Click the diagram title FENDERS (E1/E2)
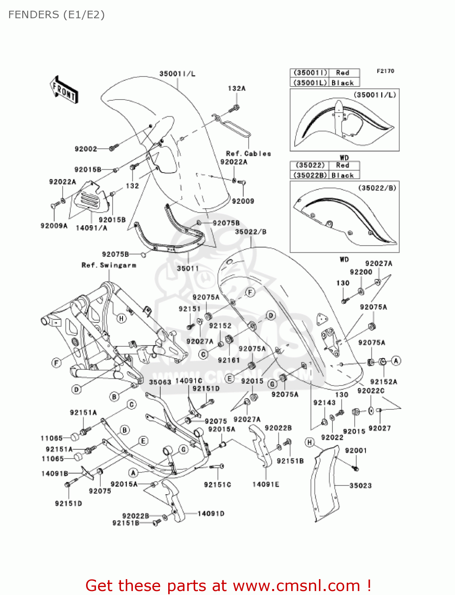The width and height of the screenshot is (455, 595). tap(56, 15)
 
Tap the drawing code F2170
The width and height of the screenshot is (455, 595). tap(385, 71)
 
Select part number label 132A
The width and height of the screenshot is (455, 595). tap(236, 88)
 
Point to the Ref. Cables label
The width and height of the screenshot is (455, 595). tap(248, 154)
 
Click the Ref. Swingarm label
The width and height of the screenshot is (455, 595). tap(109, 265)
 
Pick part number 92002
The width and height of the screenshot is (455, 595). tap(86, 149)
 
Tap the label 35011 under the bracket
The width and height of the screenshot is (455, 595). tap(188, 269)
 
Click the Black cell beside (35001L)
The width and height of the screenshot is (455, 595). tap(343, 83)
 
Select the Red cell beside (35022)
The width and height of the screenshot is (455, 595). tap(343, 165)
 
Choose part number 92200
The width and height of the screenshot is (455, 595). tap(361, 272)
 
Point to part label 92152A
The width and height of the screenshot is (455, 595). tap(384, 382)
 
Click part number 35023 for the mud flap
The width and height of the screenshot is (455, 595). tap(361, 486)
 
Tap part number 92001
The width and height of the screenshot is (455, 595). tap(356, 451)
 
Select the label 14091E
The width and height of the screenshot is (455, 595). tap(266, 484)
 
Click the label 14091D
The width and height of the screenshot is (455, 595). tap(211, 514)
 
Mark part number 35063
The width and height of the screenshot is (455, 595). tap(160, 382)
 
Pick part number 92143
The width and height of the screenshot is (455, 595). tap(324, 403)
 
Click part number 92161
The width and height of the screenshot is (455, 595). tap(229, 360)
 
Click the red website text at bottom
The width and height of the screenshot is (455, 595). tap(228, 585)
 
